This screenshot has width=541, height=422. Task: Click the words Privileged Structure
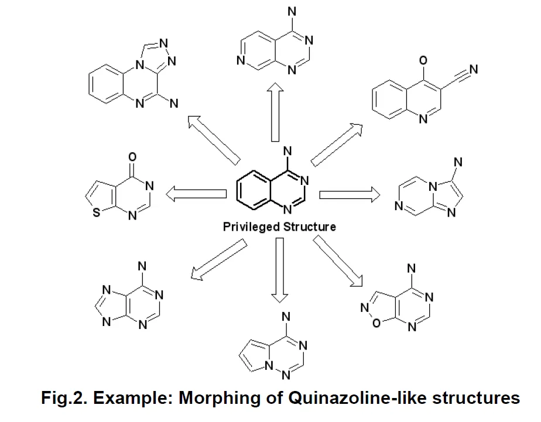pyautogui.click(x=279, y=227)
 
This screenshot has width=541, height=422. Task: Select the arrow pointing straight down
pyautogui.click(x=280, y=269)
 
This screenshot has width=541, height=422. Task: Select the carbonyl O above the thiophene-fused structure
pyautogui.click(x=132, y=156)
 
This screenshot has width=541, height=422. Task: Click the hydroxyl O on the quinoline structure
pyautogui.click(x=423, y=60)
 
